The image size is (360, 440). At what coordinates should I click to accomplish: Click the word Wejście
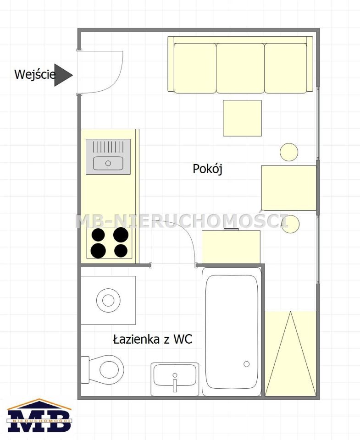[35, 75]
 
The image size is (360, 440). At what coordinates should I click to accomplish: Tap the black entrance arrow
[62, 75]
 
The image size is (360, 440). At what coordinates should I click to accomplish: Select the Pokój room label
[208, 169]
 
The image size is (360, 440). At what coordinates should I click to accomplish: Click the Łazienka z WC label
[152, 339]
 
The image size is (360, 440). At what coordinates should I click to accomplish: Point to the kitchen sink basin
[108, 163]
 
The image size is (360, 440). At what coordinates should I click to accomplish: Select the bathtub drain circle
[247, 364]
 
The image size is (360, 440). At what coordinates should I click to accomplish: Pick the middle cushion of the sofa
[240, 68]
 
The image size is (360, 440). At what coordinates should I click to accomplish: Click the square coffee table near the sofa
[242, 118]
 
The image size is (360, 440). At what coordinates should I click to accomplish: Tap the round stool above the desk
[289, 152]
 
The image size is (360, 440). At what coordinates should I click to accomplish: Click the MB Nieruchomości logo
[39, 416]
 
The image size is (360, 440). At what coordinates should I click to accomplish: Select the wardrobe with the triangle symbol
[291, 353]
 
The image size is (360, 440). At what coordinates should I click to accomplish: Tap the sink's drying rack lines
[108, 147]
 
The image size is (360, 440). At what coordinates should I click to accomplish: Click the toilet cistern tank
[85, 369]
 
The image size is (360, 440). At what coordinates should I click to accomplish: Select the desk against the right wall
[289, 188]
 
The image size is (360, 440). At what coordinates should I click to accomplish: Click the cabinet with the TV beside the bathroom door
[231, 247]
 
